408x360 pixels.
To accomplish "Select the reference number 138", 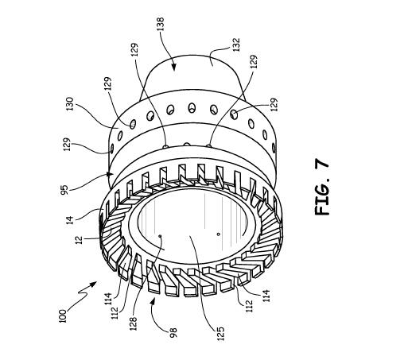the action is point(160,24).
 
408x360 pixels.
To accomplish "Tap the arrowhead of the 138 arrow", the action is point(173,67).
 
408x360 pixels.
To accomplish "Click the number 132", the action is point(235,45).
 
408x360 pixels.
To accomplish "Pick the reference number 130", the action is point(69,104).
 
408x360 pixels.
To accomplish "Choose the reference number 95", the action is point(64,190).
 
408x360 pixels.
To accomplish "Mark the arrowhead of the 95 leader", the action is point(111,174).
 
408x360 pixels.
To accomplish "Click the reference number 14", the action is point(69,220).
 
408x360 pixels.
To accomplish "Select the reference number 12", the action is point(80,240).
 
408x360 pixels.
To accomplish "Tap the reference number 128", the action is point(134,323).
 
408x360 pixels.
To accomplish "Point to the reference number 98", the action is point(173,333).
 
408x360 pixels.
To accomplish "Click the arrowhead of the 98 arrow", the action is point(153,302).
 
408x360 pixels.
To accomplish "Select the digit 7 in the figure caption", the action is point(322,165).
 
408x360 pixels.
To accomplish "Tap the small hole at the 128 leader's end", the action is point(160,236).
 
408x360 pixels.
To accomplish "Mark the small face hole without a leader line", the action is point(219,234).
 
